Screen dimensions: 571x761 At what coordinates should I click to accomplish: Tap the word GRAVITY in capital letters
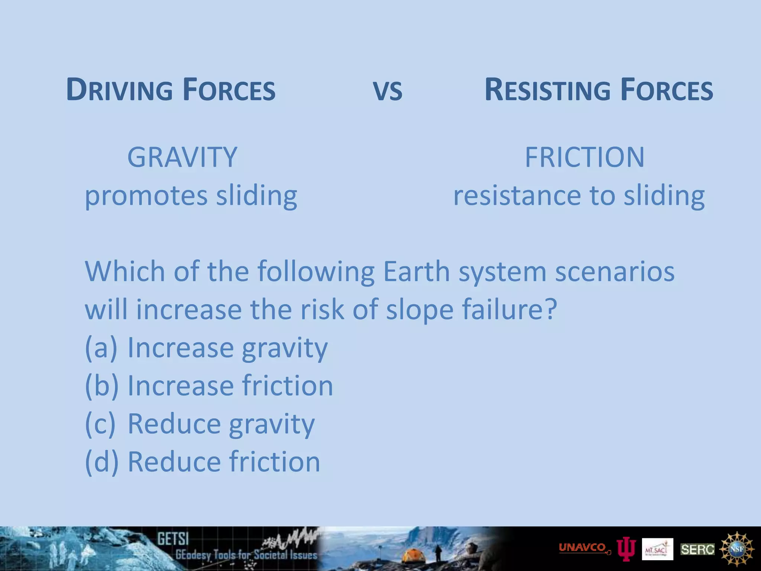[182, 157]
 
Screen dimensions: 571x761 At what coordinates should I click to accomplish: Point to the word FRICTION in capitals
[584, 157]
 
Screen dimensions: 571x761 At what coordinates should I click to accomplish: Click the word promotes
[146, 196]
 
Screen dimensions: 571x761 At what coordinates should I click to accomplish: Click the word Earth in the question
[416, 271]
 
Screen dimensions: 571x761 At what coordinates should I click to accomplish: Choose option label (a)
[101, 348]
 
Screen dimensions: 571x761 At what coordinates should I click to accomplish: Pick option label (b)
[101, 386]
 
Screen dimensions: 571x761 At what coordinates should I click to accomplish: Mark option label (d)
[101, 462]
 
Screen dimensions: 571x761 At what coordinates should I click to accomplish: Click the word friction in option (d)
[274, 462]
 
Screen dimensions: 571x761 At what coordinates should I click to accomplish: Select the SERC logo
[697, 549]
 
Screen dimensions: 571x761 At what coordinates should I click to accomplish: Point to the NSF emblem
[737, 549]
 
